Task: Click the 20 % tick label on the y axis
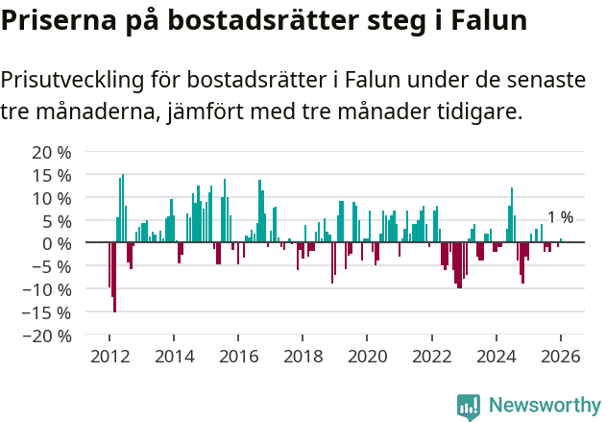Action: click(x=52, y=152)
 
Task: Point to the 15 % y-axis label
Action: click(x=52, y=175)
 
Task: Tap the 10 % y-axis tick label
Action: click(x=52, y=198)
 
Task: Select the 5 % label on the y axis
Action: click(x=57, y=221)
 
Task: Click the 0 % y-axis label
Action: click(x=57, y=243)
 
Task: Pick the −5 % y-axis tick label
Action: click(x=52, y=266)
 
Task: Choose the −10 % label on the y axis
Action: click(x=47, y=289)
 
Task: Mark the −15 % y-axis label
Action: click(x=47, y=312)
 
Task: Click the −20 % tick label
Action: click(x=47, y=335)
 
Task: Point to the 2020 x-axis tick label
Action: click(x=366, y=356)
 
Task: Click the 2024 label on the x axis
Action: click(x=496, y=356)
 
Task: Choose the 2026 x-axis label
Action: click(x=560, y=356)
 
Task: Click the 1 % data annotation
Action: click(x=560, y=217)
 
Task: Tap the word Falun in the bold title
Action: click(x=481, y=21)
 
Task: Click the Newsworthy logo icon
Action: click(x=469, y=406)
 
